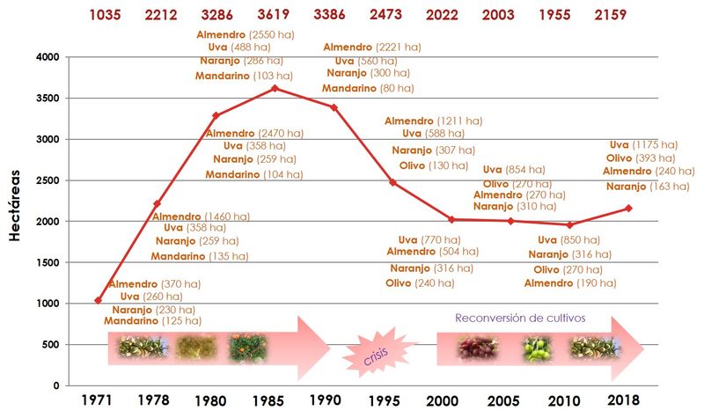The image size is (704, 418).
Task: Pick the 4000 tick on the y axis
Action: pyautogui.click(x=45, y=57)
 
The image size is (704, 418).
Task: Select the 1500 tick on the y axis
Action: pyautogui.click(x=45, y=262)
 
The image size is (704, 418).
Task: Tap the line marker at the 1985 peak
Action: pyautogui.click(x=275, y=88)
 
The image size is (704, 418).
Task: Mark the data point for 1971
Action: pyautogui.click(x=97, y=300)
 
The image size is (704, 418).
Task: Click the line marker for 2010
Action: pyautogui.click(x=569, y=224)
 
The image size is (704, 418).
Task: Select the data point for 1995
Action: pyautogui.click(x=392, y=182)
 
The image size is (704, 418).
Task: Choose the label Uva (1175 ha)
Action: pyautogui.click(x=643, y=144)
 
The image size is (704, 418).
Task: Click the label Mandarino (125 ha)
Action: pyautogui.click(x=149, y=321)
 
